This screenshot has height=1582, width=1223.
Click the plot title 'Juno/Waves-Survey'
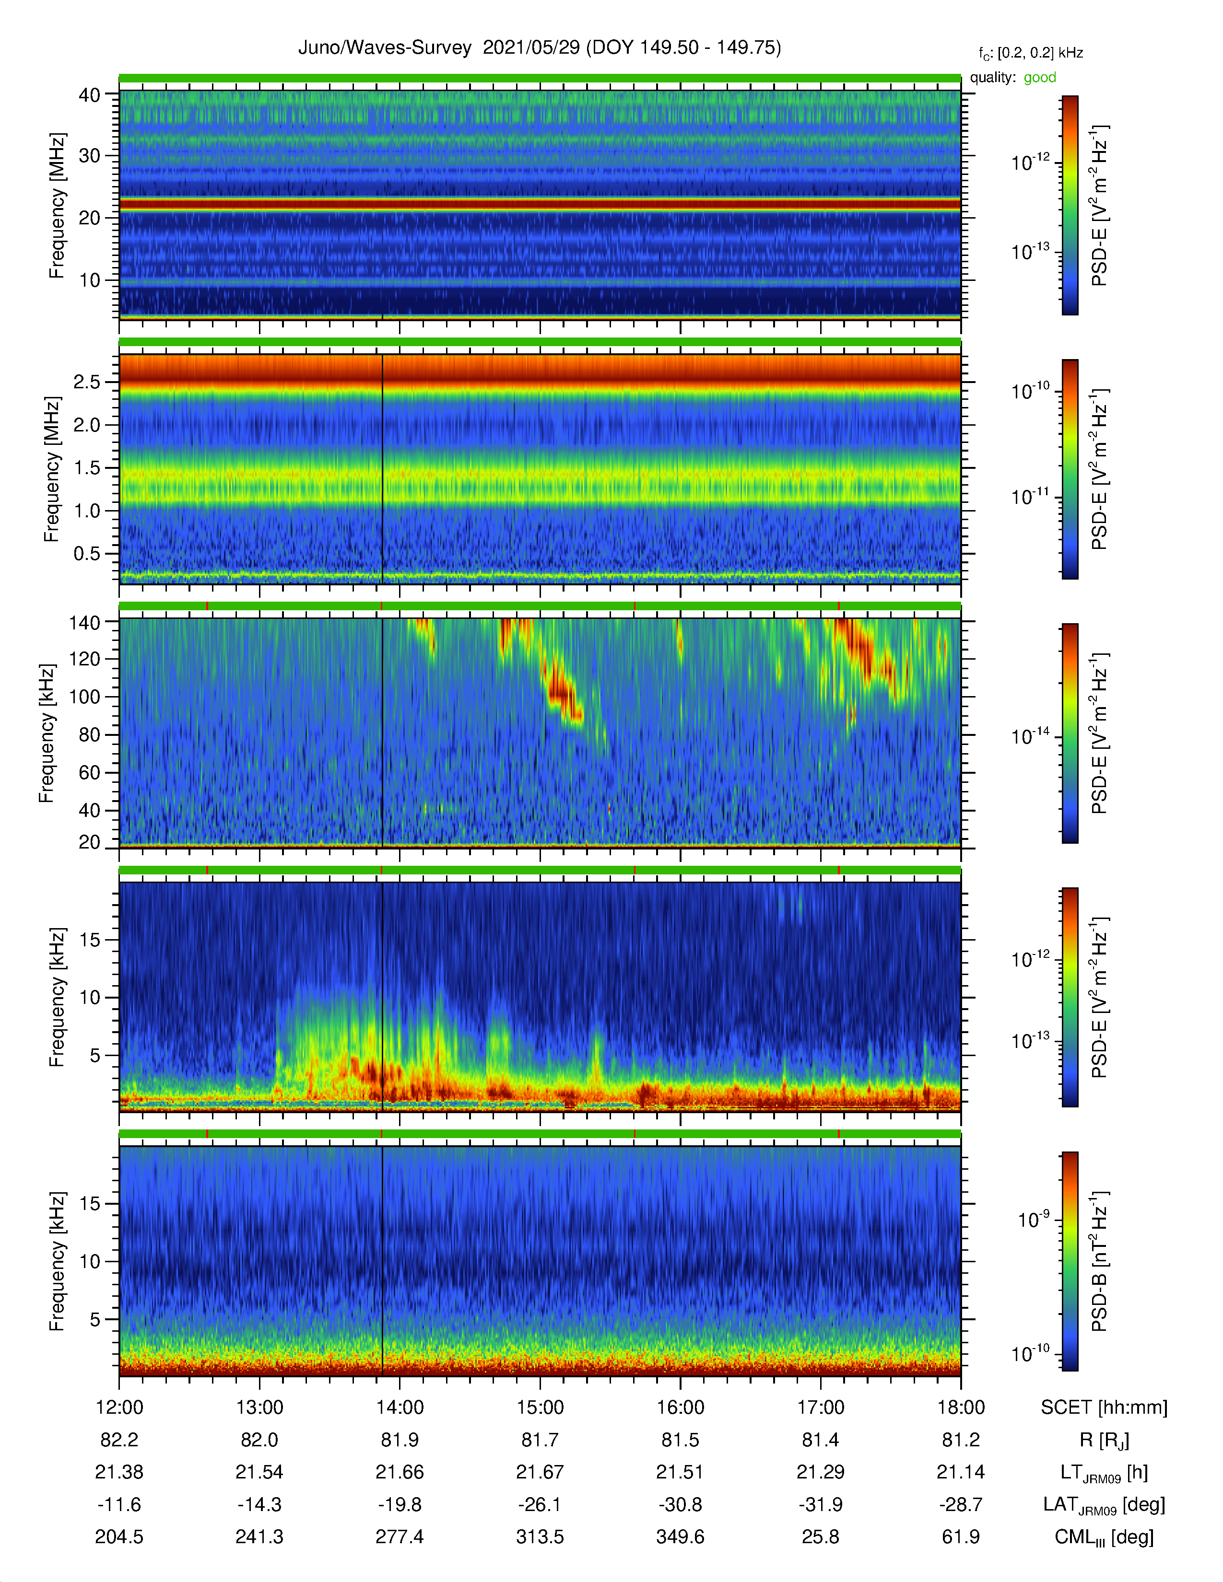385,48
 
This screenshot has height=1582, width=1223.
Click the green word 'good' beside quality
1040,78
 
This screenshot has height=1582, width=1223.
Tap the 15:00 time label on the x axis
540,1408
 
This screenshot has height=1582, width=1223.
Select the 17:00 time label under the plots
821,1408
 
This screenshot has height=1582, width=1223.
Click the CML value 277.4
399,1536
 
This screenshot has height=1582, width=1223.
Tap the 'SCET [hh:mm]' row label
1104,1408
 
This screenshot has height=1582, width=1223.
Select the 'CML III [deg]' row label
1104,1537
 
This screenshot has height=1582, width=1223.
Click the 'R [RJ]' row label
1104,1440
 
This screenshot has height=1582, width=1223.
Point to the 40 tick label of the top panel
90,95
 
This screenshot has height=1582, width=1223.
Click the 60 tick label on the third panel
90,772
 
